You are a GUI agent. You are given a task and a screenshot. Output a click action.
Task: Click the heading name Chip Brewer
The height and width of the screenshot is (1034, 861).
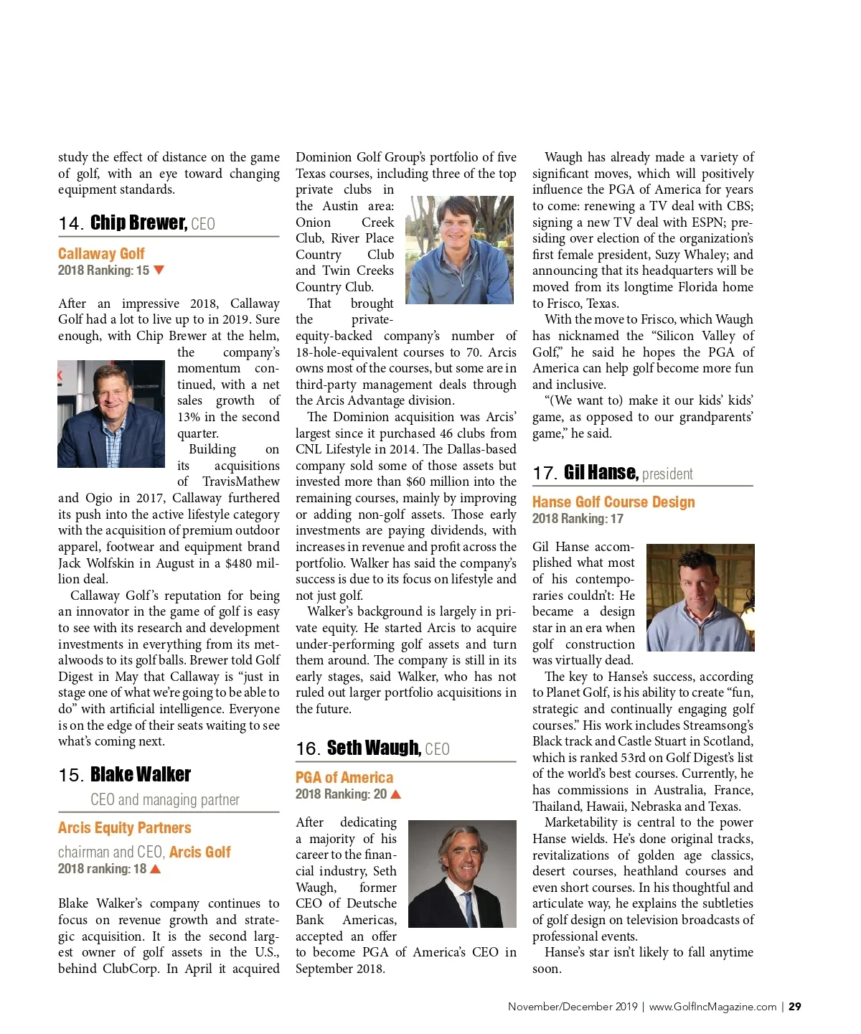pos(138,223)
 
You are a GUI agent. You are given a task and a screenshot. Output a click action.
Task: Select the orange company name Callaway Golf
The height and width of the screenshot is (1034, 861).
pos(101,254)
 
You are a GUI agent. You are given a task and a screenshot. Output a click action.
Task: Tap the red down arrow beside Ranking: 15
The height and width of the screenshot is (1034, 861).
pos(159,271)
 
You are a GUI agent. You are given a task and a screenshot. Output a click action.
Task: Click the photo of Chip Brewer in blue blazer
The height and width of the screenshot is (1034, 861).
pos(111,414)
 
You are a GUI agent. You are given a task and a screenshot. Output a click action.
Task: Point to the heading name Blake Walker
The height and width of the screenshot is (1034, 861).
pos(141,775)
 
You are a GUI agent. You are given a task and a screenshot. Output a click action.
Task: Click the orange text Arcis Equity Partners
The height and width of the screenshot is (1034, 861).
pos(125,828)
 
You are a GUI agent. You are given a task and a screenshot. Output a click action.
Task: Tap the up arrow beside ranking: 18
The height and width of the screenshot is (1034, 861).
pos(156,869)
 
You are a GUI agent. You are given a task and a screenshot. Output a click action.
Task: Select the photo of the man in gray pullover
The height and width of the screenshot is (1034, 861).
pos(460,250)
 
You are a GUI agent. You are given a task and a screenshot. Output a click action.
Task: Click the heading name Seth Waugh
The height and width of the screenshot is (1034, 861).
pos(373,748)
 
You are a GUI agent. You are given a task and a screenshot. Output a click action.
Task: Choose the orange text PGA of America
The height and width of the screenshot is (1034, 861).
pos(344,778)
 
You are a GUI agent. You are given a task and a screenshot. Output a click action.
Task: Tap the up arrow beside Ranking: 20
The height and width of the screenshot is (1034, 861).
pos(396,794)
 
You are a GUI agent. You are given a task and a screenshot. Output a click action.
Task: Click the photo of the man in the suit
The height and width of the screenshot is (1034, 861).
pos(462,873)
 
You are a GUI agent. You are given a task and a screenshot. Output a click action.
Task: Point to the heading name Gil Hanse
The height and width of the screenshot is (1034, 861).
pos(601,473)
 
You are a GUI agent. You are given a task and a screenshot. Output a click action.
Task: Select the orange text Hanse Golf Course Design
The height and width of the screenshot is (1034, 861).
pos(613,502)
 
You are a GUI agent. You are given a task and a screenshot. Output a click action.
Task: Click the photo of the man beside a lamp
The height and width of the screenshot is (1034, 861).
pos(700,598)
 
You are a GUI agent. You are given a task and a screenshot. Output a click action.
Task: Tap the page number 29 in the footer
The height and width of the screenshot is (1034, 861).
pos(795,1007)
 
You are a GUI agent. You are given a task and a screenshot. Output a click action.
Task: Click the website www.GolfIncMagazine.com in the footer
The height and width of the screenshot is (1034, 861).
pos(712,1007)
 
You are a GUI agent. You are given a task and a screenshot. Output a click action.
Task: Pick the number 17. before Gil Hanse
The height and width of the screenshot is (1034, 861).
pos(545,474)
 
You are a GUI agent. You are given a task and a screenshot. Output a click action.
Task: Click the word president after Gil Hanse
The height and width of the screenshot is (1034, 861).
pos(667,474)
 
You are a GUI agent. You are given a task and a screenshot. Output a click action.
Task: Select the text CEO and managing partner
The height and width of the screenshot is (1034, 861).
pos(165,800)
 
